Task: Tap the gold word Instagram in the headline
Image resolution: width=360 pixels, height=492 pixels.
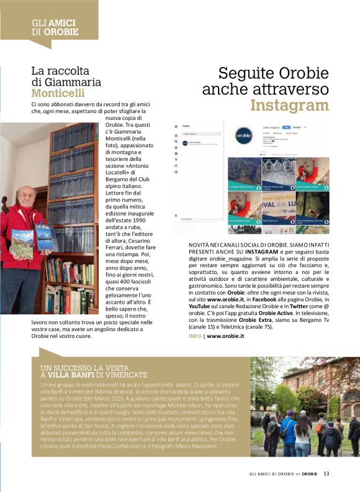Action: tap(289, 104)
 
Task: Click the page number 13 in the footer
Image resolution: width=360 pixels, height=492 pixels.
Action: tap(326, 474)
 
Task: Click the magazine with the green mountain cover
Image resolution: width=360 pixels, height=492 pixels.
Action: tap(23, 242)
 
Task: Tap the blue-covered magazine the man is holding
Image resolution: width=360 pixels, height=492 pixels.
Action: tap(45, 236)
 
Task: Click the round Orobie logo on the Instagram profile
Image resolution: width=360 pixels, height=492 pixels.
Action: tap(247, 135)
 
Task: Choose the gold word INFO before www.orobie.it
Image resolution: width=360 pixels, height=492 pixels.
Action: tap(196, 336)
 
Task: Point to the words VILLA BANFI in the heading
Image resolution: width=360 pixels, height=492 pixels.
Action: tap(71, 375)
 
